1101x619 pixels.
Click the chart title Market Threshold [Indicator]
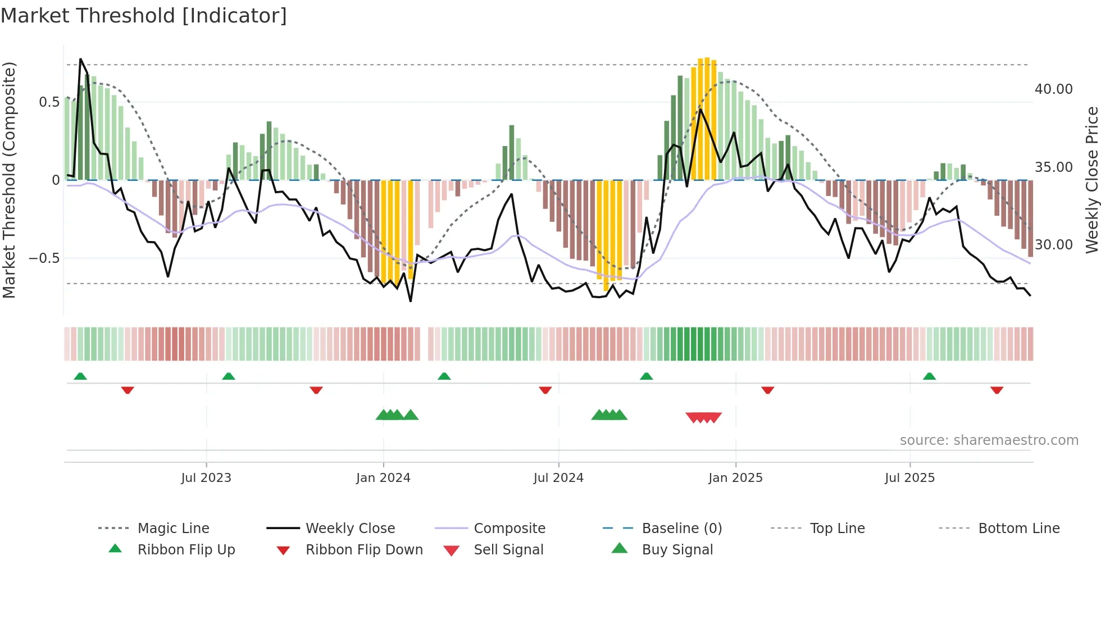pyautogui.click(x=144, y=16)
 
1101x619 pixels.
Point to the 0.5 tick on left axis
pyautogui.click(x=49, y=102)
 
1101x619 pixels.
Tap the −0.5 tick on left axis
pyautogui.click(x=44, y=258)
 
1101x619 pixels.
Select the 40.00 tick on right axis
pyautogui.click(x=1053, y=89)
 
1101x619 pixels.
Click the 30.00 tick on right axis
pyautogui.click(x=1053, y=245)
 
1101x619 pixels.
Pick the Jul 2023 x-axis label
pyautogui.click(x=206, y=478)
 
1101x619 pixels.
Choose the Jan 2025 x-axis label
pyautogui.click(x=735, y=478)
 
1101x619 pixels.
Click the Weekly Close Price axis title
pyautogui.click(x=1091, y=180)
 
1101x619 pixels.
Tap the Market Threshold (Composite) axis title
pyautogui.click(x=9, y=180)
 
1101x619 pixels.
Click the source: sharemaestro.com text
pyautogui.click(x=989, y=440)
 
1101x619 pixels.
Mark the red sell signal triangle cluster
pyautogui.click(x=703, y=417)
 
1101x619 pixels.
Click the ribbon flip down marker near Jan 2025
pyautogui.click(x=767, y=390)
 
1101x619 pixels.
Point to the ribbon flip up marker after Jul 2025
pyautogui.click(x=929, y=376)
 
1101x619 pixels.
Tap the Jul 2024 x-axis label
pyautogui.click(x=558, y=478)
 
